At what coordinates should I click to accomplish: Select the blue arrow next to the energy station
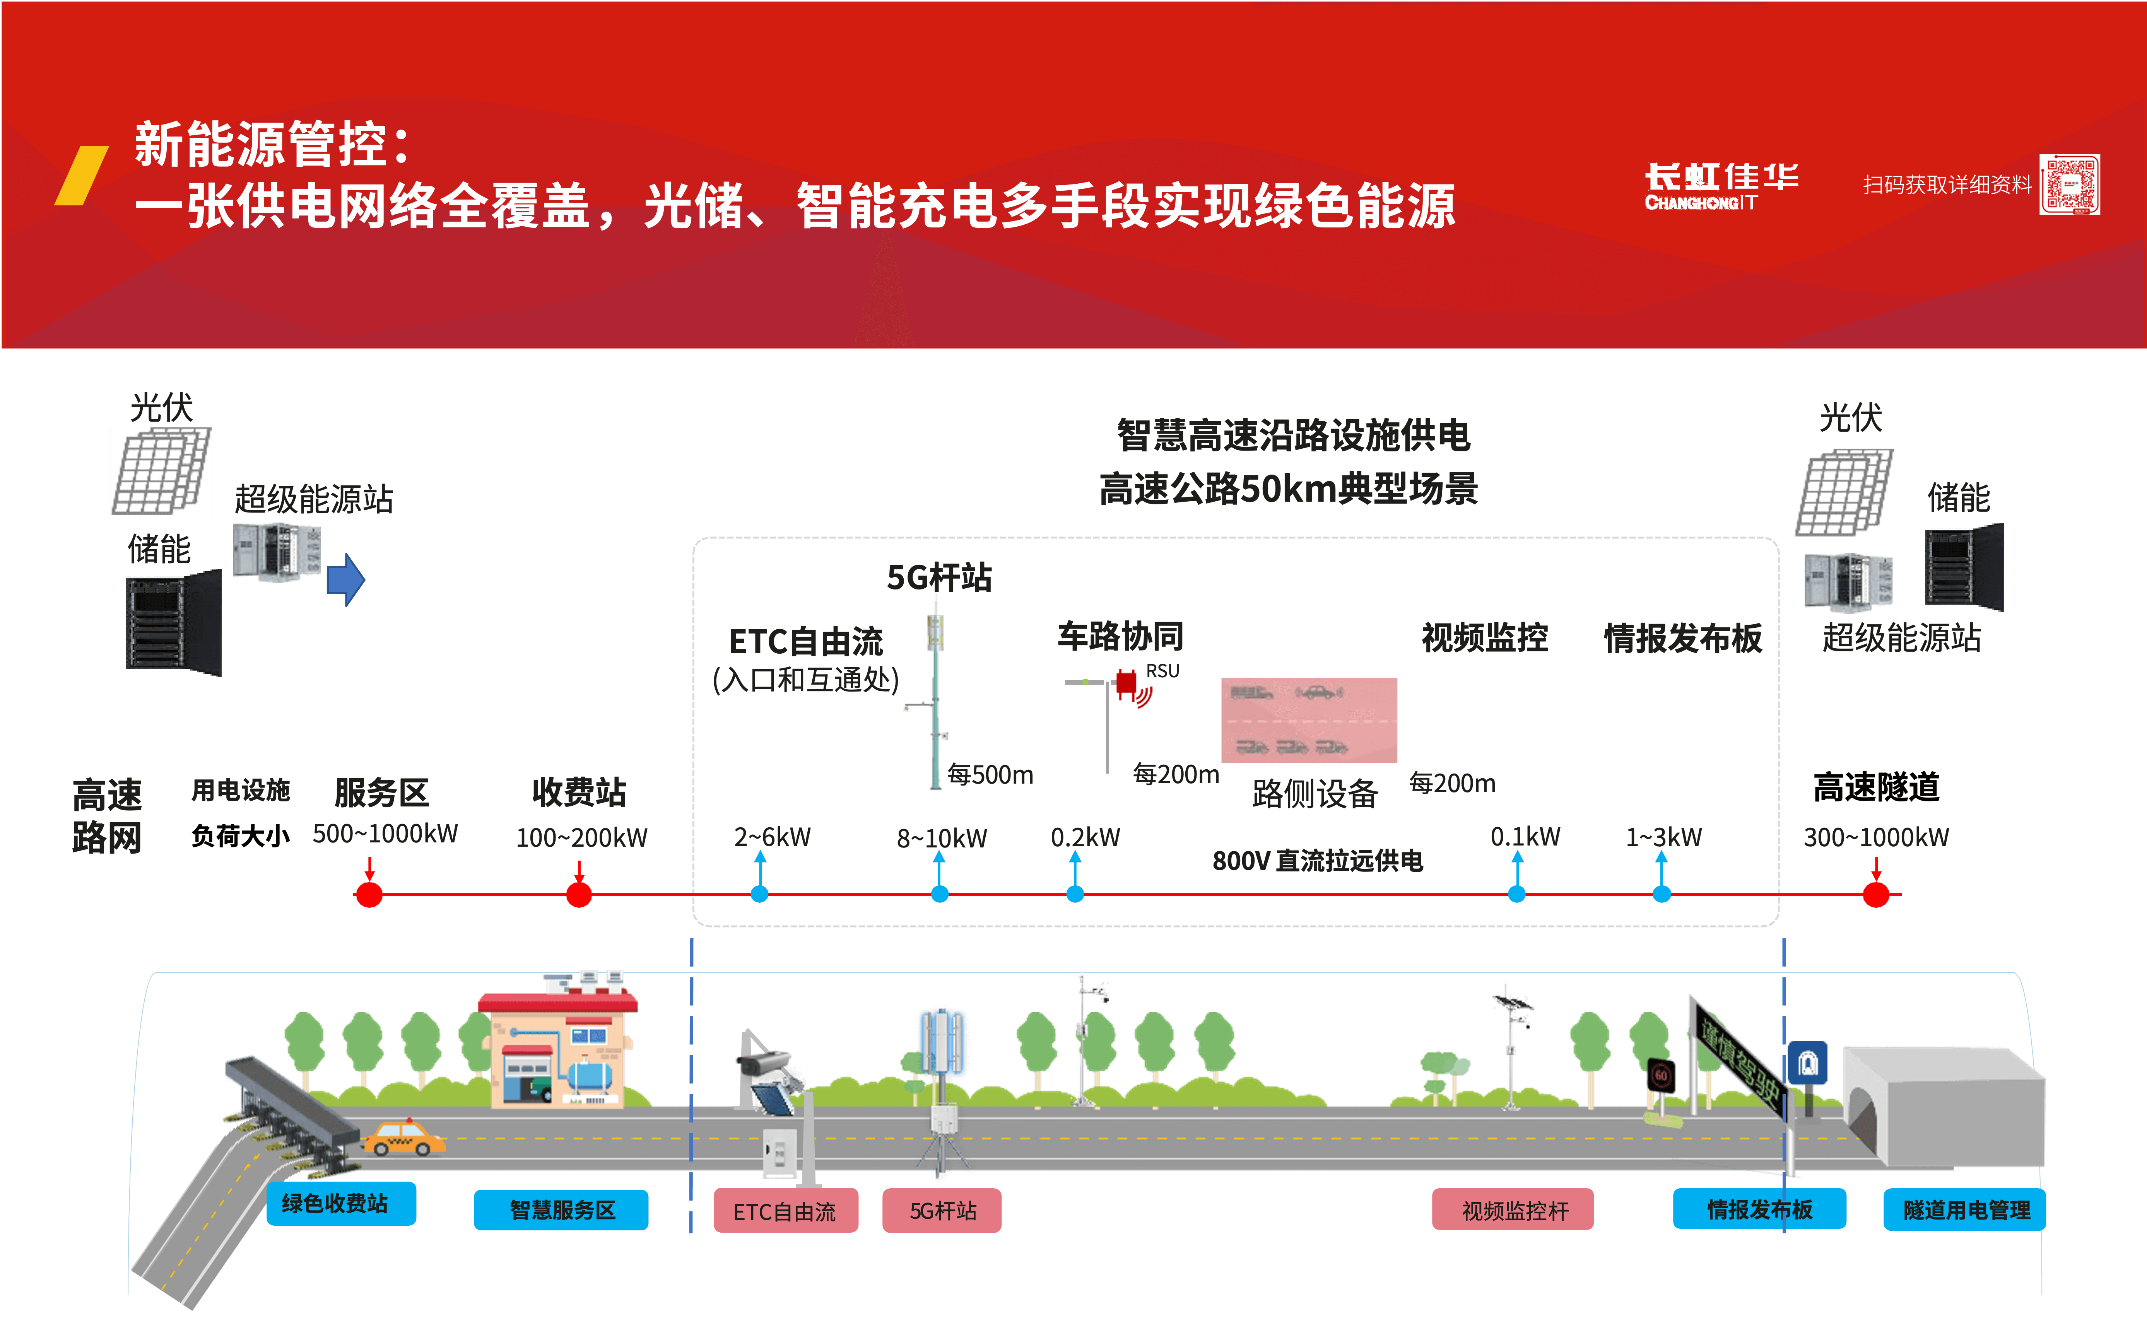[346, 579]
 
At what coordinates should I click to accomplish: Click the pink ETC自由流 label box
[785, 1211]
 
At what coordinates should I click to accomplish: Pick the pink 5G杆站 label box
[942, 1211]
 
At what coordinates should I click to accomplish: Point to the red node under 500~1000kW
[369, 895]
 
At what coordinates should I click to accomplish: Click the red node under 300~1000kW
[1876, 895]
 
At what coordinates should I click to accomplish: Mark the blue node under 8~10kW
[939, 894]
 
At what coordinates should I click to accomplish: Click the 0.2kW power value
[1085, 837]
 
